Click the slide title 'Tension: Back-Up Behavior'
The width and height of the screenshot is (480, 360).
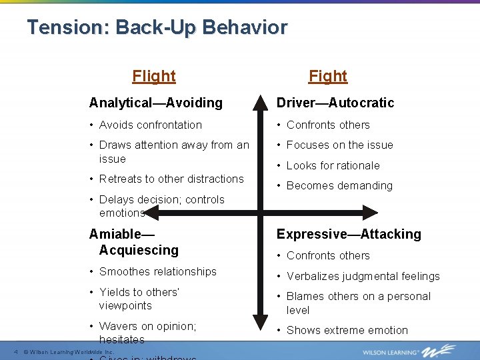157,28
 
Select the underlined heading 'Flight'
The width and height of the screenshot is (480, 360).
154,76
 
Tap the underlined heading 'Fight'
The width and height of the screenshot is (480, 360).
328,76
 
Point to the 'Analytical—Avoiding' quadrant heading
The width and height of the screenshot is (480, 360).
156,103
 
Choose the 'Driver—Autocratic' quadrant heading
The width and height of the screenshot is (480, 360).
335,103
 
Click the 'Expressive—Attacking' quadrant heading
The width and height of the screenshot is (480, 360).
349,234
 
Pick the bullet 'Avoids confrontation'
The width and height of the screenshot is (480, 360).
150,125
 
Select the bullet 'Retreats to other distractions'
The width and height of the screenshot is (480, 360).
171,179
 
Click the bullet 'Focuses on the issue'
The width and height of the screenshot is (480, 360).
339,145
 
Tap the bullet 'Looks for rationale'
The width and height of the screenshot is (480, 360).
333,165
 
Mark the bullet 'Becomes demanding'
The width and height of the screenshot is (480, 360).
339,185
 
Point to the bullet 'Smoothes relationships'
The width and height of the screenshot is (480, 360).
157,271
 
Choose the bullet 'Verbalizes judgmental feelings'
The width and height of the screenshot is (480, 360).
363,276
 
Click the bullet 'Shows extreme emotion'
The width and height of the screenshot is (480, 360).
347,330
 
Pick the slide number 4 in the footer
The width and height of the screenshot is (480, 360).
15,351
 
